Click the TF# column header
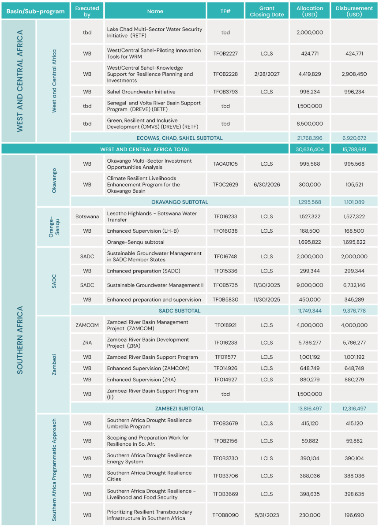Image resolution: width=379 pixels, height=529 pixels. (225, 11)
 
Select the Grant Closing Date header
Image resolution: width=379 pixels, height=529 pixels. (266, 11)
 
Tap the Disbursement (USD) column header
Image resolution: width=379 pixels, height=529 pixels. (354, 11)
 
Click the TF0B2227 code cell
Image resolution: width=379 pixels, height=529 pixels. (225, 54)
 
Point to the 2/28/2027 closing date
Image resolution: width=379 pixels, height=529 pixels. (266, 74)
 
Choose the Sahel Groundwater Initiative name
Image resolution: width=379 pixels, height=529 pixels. (141, 92)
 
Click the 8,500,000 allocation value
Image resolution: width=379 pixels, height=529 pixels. (310, 124)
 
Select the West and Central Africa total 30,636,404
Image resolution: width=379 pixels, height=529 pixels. (310, 149)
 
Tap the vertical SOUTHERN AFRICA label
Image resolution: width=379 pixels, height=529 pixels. (19, 340)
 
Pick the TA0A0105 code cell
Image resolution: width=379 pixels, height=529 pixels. (225, 164)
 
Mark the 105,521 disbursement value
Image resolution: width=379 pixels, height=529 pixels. (354, 185)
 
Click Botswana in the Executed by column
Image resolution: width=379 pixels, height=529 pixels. (87, 216)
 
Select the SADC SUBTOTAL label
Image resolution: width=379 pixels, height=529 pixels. (180, 311)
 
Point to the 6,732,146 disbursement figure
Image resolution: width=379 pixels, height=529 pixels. (354, 285)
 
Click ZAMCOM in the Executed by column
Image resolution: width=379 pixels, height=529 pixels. (87, 325)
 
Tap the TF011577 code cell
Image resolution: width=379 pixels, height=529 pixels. (225, 357)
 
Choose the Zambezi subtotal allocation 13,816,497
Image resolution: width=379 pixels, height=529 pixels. (310, 409)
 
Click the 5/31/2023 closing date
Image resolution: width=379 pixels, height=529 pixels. (266, 515)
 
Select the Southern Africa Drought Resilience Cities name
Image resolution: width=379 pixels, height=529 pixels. (149, 476)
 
